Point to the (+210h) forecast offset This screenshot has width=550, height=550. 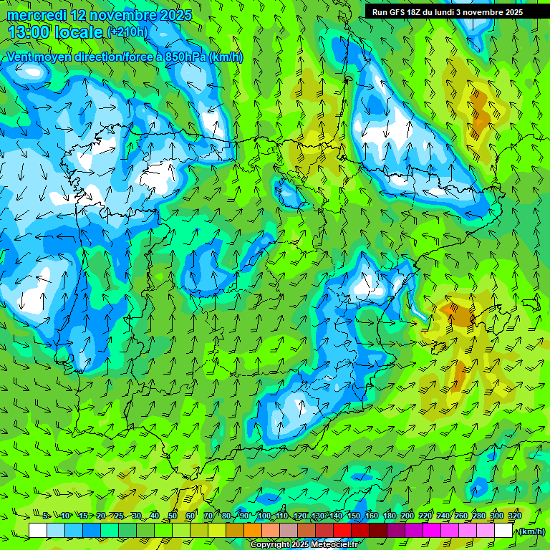pos(127,32)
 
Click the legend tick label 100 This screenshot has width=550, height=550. pos(264,516)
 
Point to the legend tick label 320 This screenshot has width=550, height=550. pos(514,516)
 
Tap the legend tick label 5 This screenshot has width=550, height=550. pos(46,516)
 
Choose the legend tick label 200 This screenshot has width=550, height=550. pos(407,516)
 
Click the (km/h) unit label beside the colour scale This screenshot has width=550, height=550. pos(531,531)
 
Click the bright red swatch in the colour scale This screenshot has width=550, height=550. pos(342,531)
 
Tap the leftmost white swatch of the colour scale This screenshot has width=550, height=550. pos(38,531)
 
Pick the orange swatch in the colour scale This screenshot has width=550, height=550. pos(253,531)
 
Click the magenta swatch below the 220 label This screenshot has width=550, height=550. pos(432,531)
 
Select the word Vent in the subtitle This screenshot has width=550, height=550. pos(20,57)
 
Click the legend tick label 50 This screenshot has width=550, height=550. pos(173,516)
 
